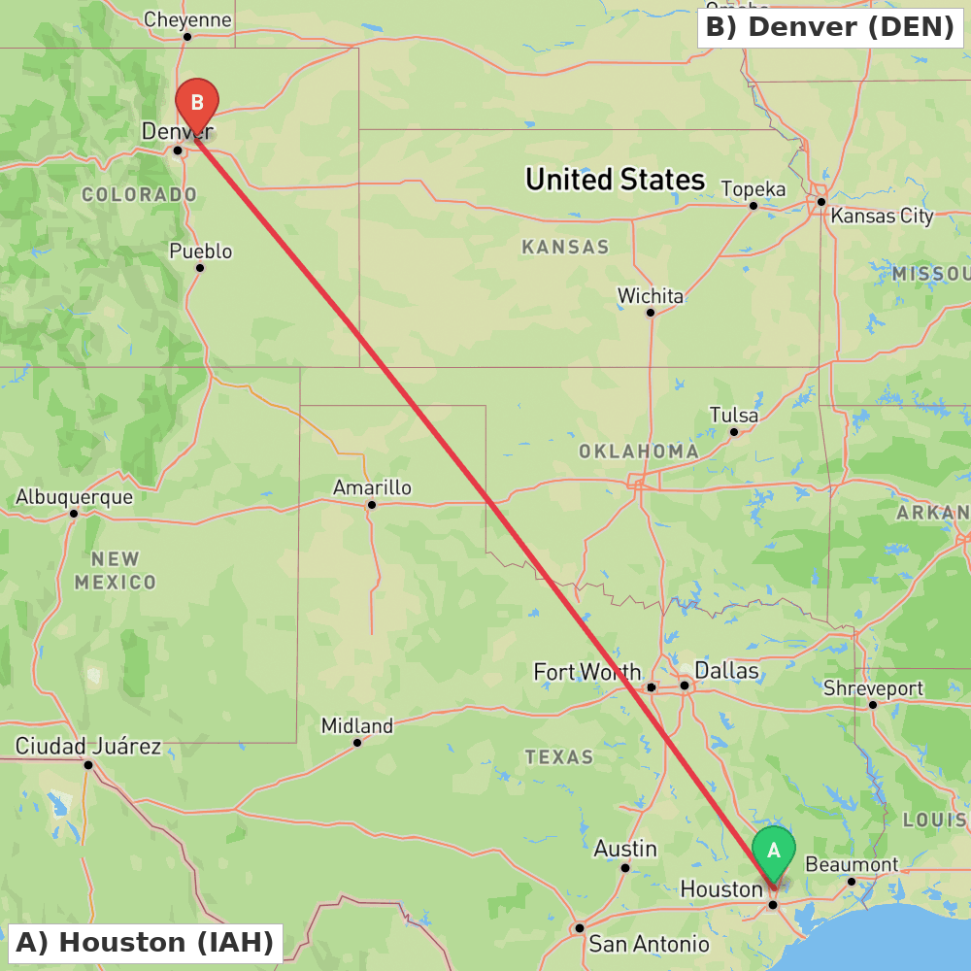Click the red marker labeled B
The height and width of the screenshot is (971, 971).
point(197,102)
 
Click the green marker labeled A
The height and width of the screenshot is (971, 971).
point(774,852)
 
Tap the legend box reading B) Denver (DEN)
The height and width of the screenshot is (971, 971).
point(830,27)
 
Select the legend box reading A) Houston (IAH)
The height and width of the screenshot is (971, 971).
point(144,942)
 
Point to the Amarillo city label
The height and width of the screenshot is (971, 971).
point(372,487)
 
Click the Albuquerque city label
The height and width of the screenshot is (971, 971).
point(74,497)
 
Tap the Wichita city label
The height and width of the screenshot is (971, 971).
point(651,295)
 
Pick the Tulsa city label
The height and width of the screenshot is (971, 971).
point(734,416)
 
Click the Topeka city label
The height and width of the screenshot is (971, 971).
point(753,188)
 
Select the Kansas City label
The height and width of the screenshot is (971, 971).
point(882,216)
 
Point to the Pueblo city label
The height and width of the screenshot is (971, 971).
point(201,251)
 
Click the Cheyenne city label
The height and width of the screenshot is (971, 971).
point(187,19)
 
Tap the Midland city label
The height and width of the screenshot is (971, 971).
point(357,725)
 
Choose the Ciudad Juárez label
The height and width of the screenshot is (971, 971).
point(88,747)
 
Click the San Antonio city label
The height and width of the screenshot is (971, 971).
point(649,944)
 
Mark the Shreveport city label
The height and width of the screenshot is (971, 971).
point(873,688)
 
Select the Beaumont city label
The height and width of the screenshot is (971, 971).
point(852,864)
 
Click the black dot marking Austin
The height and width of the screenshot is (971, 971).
point(625,867)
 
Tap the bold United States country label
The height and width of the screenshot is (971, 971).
point(615,180)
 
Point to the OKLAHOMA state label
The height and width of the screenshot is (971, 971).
point(638,452)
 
